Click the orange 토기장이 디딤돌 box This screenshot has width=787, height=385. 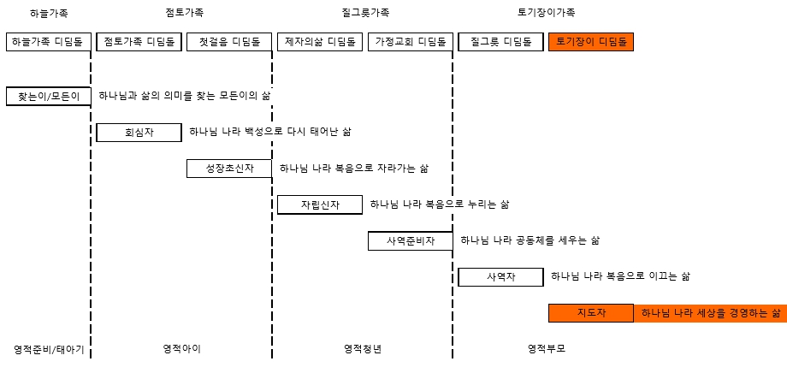(x=591, y=42)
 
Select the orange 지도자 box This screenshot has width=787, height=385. (x=591, y=313)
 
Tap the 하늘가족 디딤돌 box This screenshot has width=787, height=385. (x=49, y=42)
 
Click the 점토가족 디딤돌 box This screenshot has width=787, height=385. (x=139, y=42)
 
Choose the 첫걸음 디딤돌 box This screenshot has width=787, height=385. (x=229, y=42)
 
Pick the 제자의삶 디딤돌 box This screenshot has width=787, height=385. (x=320, y=42)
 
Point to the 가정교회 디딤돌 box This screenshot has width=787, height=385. (x=410, y=42)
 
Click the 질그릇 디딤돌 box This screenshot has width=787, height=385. (x=500, y=42)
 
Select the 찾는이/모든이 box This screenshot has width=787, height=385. (x=49, y=97)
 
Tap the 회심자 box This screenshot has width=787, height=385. (x=139, y=133)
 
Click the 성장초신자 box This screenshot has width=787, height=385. (x=229, y=169)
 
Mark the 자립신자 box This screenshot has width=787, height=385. (x=320, y=204)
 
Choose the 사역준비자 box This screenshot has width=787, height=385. (x=410, y=241)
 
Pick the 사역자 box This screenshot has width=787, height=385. (x=500, y=277)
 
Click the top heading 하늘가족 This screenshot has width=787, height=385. (x=49, y=13)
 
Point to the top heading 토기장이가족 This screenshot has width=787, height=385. (x=546, y=13)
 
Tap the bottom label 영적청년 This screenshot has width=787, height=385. (x=363, y=349)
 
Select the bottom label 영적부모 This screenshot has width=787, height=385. (x=547, y=349)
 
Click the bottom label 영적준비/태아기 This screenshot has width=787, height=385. (x=50, y=349)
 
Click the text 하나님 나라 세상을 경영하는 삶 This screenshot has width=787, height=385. (x=711, y=313)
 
